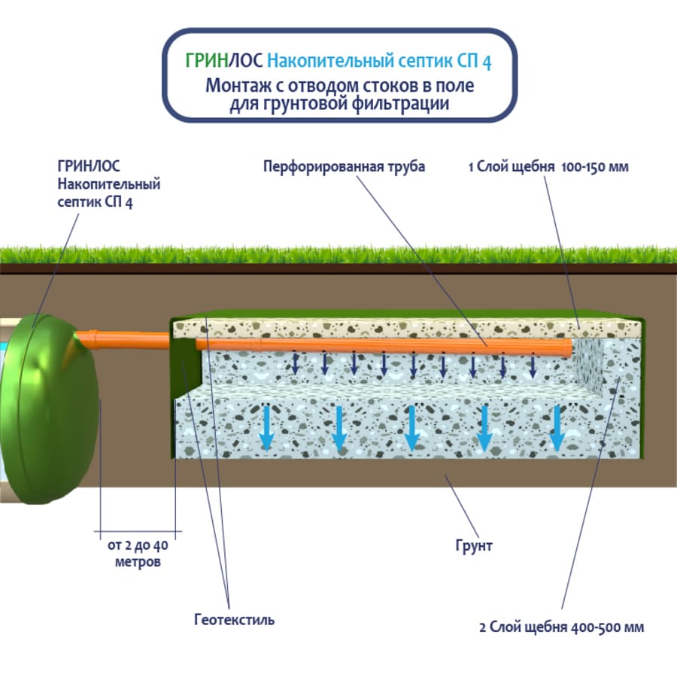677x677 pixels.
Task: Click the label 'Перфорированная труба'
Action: coord(344,167)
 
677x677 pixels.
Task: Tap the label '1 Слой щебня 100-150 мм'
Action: coord(548,167)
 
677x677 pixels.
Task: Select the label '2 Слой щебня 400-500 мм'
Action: coord(561,627)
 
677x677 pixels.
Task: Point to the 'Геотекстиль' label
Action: coord(234,621)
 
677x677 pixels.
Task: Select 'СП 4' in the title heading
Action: coord(475,62)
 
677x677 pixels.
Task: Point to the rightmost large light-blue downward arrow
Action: coord(557,427)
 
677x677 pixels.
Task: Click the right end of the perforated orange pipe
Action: coord(566,348)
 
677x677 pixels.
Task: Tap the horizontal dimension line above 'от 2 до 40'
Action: coord(138,532)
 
